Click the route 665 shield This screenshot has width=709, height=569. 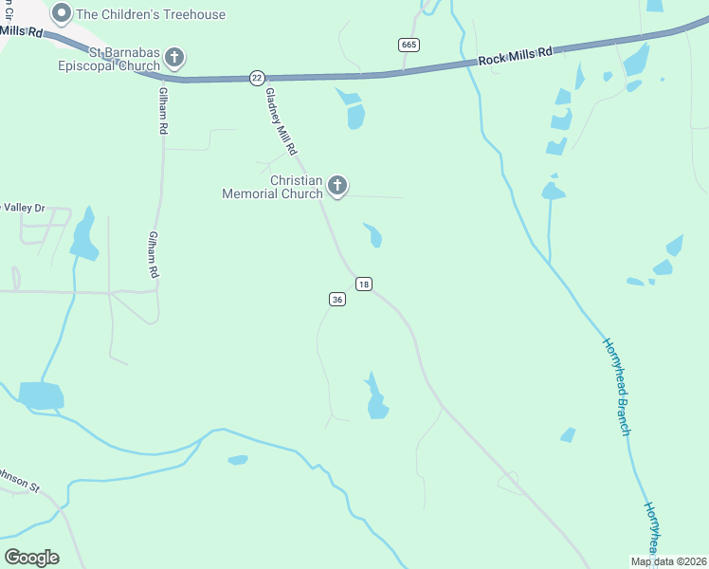[x=409, y=45]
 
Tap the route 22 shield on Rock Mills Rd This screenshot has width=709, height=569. [x=257, y=78]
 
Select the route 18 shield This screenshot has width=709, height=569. [x=364, y=284]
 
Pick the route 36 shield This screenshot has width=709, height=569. [x=337, y=299]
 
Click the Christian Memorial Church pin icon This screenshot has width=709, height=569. [x=337, y=185]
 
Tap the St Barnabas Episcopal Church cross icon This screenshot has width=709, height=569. [x=174, y=58]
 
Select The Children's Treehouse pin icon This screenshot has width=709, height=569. [x=62, y=13]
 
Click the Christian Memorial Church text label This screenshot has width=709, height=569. [x=272, y=187]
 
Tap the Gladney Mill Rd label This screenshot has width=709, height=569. [x=282, y=122]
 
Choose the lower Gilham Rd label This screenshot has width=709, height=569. [x=152, y=254]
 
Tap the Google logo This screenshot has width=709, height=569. [x=31, y=558]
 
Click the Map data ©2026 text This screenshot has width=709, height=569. [x=668, y=561]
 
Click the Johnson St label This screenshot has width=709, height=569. [x=19, y=480]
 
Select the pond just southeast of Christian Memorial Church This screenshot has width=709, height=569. [x=373, y=234]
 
